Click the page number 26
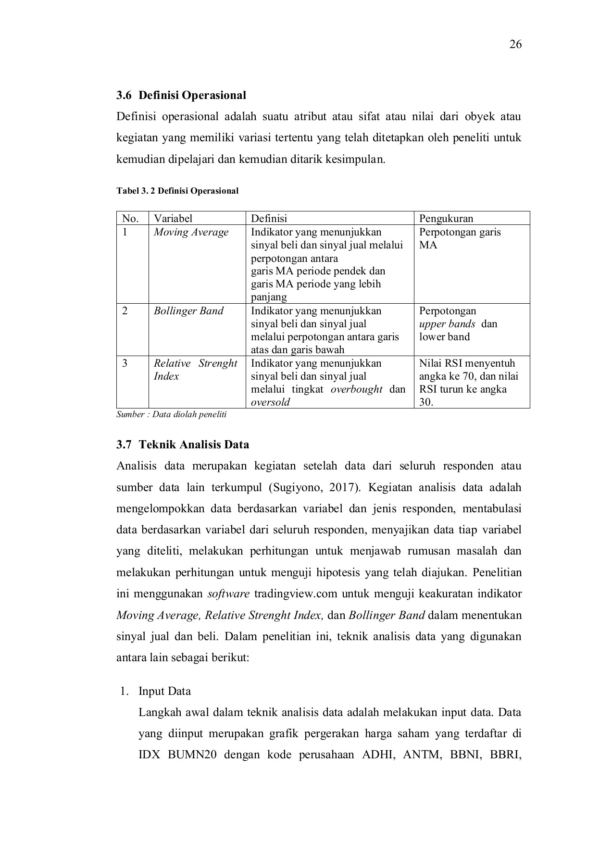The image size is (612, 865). click(x=515, y=45)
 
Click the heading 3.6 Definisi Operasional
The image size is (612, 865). click(x=181, y=95)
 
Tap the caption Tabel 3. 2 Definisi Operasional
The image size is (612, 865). click(x=177, y=191)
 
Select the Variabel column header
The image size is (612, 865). click(x=173, y=219)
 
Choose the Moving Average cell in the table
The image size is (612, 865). click(x=191, y=232)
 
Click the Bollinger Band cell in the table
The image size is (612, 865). click(x=188, y=311)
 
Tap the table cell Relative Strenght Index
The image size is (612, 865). click(x=195, y=370)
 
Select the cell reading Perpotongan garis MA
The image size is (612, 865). click(x=459, y=238)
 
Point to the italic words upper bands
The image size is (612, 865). click(x=447, y=324)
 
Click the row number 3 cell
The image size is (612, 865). click(x=125, y=363)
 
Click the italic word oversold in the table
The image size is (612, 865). click(x=270, y=402)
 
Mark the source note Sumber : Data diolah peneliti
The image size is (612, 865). click(x=171, y=414)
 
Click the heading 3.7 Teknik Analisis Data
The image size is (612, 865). click(x=183, y=445)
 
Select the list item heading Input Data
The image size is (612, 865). click(x=164, y=691)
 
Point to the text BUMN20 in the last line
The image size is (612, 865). click(x=192, y=754)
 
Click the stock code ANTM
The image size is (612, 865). click(x=422, y=754)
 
